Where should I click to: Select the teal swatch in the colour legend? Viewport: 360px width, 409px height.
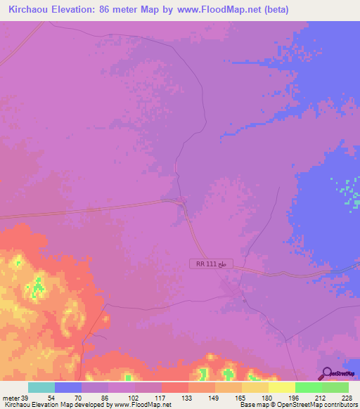41,387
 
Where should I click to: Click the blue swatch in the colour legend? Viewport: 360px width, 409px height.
67,387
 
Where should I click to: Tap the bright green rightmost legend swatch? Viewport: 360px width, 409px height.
335,387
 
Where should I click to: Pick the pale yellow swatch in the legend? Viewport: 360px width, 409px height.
282,387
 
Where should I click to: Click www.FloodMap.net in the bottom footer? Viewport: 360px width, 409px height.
141,405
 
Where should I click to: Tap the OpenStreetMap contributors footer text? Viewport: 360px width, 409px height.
316,405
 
